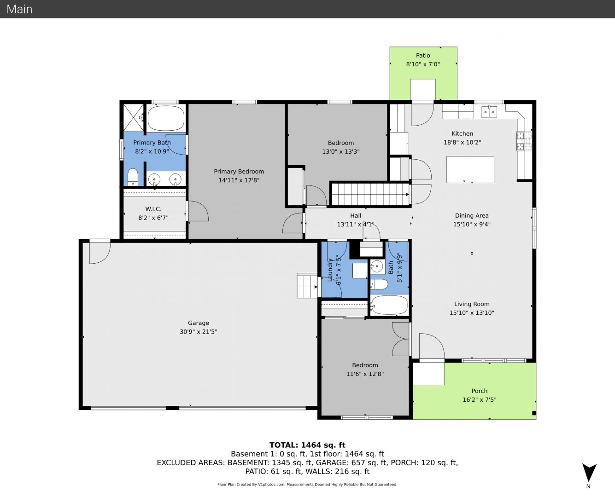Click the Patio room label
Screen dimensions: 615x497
click(x=423, y=55)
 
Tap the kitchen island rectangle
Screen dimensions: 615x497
click(x=470, y=170)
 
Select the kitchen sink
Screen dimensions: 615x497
click(x=489, y=112)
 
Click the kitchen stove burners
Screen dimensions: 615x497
click(x=524, y=141)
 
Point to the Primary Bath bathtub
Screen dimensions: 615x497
click(x=166, y=118)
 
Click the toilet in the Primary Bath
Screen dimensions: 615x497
click(x=133, y=177)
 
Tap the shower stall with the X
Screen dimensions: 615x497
click(x=134, y=118)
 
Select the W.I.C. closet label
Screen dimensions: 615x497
click(x=153, y=209)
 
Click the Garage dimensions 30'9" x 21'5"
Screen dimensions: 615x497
click(x=199, y=332)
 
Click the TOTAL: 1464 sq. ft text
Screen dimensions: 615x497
click(x=307, y=445)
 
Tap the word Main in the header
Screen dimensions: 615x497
click(x=19, y=9)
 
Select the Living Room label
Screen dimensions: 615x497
click(x=472, y=304)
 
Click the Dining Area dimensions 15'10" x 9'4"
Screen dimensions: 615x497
click(x=472, y=224)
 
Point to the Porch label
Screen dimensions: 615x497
click(x=479, y=391)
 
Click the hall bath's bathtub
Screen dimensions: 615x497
click(x=389, y=305)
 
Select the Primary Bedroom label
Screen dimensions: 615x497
click(x=239, y=171)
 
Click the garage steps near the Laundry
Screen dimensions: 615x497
click(x=308, y=286)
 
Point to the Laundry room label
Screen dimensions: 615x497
click(x=330, y=270)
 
